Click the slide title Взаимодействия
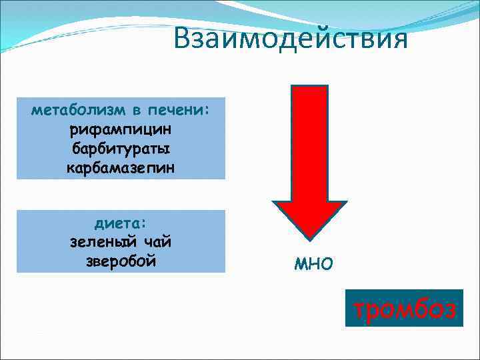click(x=289, y=38)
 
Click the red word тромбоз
click(x=404, y=309)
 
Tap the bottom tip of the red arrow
click(x=309, y=238)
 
